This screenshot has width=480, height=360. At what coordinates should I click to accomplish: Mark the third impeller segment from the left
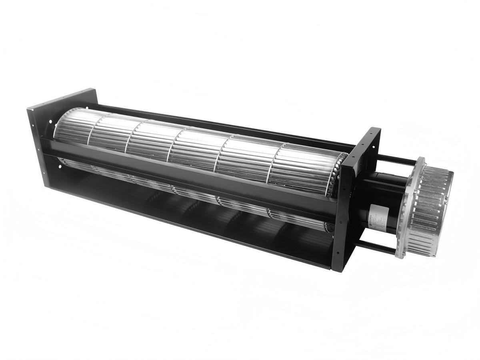150,140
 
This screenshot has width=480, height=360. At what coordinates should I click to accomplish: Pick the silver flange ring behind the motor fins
408,208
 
